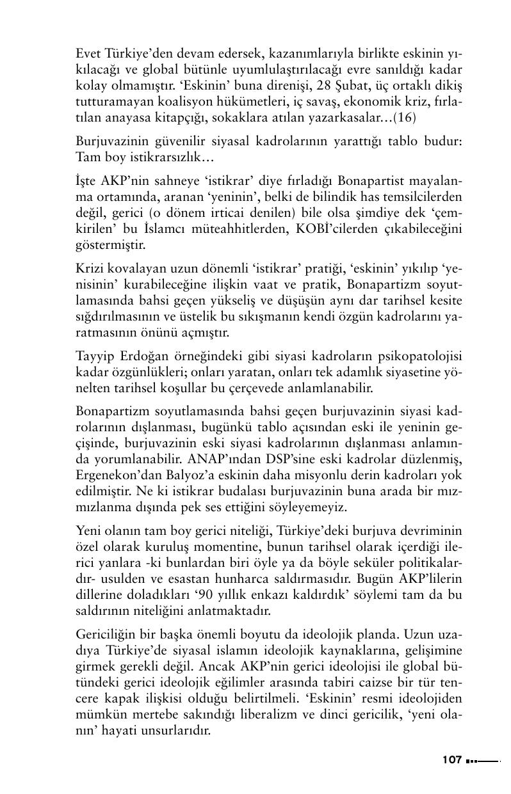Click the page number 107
point(452,760)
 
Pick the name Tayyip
point(95,355)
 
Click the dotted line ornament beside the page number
point(483,761)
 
